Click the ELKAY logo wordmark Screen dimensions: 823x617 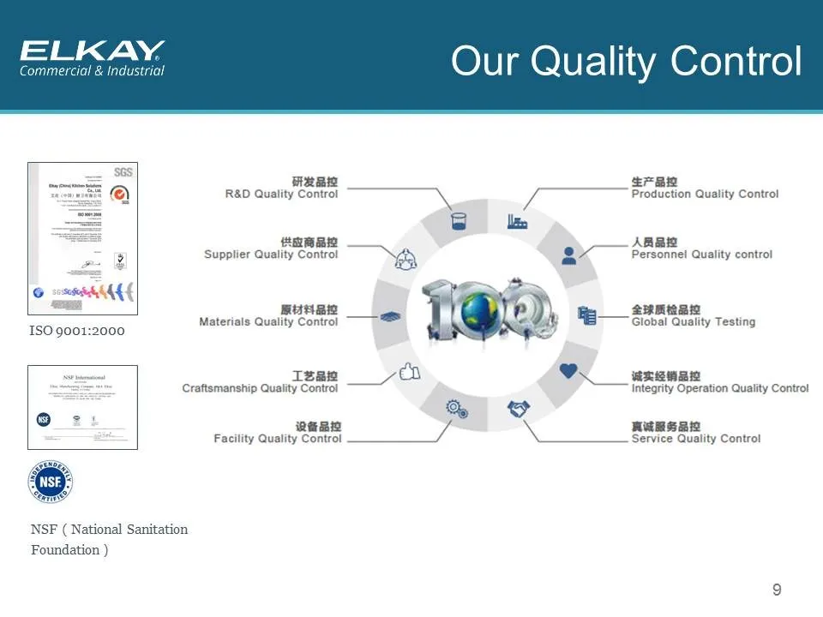pyautogui.click(x=92, y=51)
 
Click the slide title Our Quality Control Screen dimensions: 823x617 pyautogui.click(x=626, y=62)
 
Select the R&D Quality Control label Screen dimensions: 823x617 pyautogui.click(x=282, y=194)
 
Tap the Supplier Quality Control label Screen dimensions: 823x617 pyautogui.click(x=271, y=255)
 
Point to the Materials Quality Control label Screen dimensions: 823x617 pyautogui.click(x=268, y=322)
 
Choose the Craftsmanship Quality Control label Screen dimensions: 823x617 pyautogui.click(x=260, y=388)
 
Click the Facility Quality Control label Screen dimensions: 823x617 pyautogui.click(x=278, y=439)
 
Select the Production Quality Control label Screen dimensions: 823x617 pyautogui.click(x=705, y=194)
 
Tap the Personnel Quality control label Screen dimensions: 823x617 pyautogui.click(x=701, y=255)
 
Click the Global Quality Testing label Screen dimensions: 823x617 pyautogui.click(x=693, y=322)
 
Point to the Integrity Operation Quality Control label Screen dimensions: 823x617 pyautogui.click(x=719, y=388)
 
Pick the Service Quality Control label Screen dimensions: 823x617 pyautogui.click(x=695, y=439)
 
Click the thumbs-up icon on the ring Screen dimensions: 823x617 pyautogui.click(x=410, y=373)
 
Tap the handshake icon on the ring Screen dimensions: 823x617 pyautogui.click(x=519, y=410)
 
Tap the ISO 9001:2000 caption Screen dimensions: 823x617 pyautogui.click(x=76, y=330)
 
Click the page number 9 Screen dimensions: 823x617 pyautogui.click(x=777, y=590)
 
